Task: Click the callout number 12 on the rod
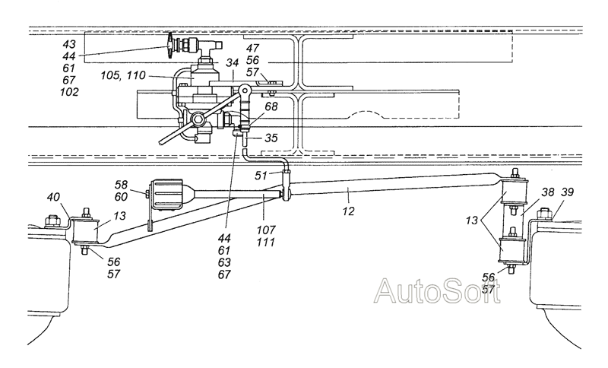tap(349, 211)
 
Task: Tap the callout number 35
tap(271, 138)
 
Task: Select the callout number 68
tap(271, 106)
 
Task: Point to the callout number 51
tap(261, 176)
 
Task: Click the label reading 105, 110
tap(123, 75)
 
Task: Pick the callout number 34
tap(232, 62)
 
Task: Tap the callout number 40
tap(53, 197)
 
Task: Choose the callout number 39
tap(567, 192)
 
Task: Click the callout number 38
tap(548, 192)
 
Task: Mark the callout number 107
tap(265, 230)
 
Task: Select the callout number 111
tap(265, 243)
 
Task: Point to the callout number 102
tap(69, 92)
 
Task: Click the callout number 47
tap(252, 48)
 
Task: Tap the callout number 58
tap(121, 185)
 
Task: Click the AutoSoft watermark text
tap(437, 291)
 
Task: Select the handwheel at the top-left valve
tap(170, 46)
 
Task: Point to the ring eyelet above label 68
tap(245, 90)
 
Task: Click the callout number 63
tap(224, 262)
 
